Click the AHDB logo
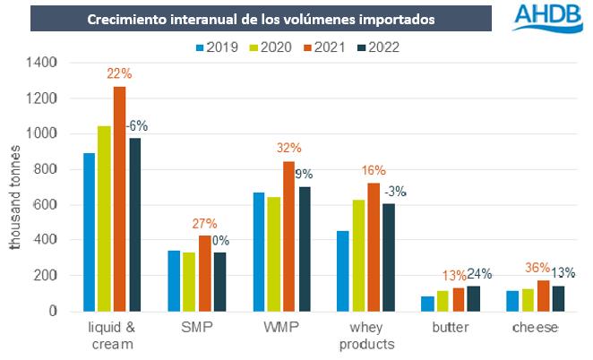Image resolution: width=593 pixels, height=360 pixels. coord(548,19)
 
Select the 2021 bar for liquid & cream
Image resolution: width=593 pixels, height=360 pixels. coord(119,198)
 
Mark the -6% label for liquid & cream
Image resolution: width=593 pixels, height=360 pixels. coord(136,126)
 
